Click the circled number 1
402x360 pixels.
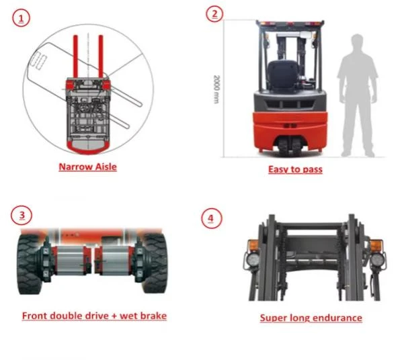[21, 18]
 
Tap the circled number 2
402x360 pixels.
[215, 14]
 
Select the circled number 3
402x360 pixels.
[22, 215]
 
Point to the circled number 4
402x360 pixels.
[211, 218]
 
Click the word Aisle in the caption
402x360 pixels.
[106, 167]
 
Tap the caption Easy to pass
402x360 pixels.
[295, 169]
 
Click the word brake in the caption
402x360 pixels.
[153, 316]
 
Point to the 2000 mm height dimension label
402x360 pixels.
[217, 89]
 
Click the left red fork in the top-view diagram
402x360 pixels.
[75, 56]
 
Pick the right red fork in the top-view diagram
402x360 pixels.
[101, 56]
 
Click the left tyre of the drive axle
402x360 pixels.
[29, 264]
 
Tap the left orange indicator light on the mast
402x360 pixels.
[253, 246]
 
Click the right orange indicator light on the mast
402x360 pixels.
[376, 246]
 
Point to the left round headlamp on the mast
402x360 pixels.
[252, 259]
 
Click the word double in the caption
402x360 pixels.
[66, 316]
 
